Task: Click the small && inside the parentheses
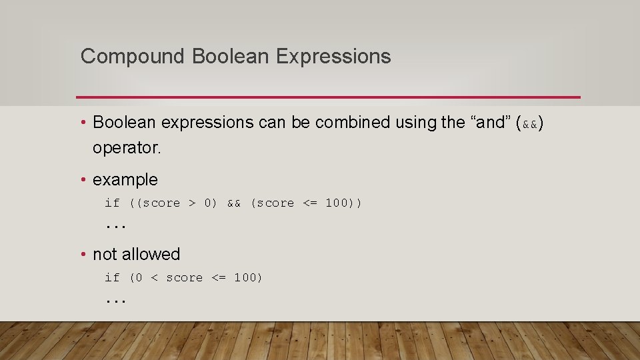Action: coord(530,124)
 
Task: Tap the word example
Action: coord(125,180)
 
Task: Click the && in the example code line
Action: coord(234,203)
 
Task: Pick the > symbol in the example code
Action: coord(191,203)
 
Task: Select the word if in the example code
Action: coord(112,203)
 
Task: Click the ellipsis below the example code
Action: coord(116,227)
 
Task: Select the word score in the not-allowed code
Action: coord(184,278)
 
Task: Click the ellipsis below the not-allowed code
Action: coord(116,301)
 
